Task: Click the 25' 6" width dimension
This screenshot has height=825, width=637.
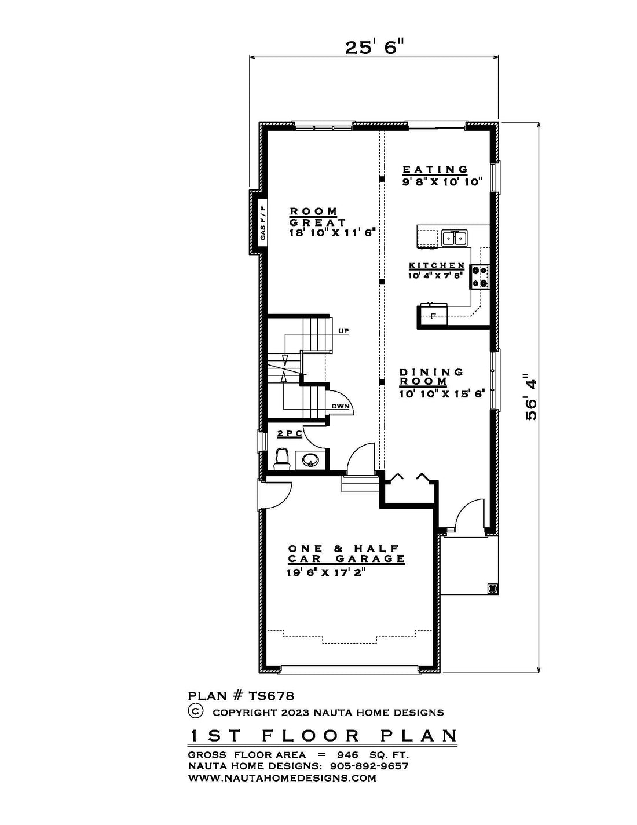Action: coord(374,48)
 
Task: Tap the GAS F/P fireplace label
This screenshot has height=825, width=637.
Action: coord(262,222)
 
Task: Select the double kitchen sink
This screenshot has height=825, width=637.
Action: coord(454,239)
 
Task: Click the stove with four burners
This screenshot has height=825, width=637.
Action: coord(480,277)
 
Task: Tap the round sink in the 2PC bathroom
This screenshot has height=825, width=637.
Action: coord(310,460)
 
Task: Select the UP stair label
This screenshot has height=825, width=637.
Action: coord(343,331)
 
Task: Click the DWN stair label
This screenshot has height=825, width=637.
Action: coord(340,406)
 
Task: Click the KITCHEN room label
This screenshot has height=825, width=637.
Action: coord(437,265)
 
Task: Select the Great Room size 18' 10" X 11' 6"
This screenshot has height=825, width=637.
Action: coord(332,233)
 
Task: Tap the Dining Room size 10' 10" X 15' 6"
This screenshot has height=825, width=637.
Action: coord(442,394)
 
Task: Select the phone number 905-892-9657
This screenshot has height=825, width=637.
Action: coord(369,766)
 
